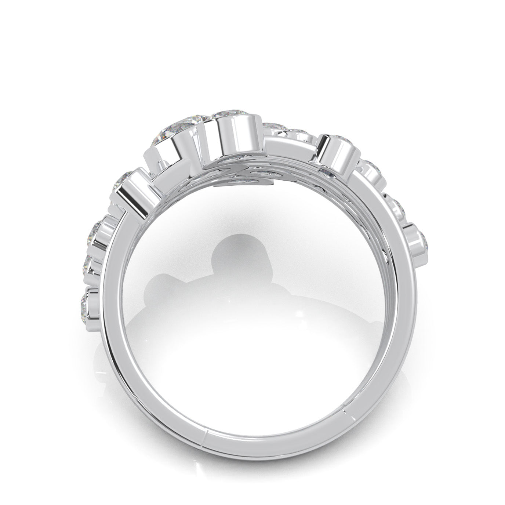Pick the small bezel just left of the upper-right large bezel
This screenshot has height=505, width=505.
point(301,134)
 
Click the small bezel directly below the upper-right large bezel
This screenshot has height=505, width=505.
point(371,169)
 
